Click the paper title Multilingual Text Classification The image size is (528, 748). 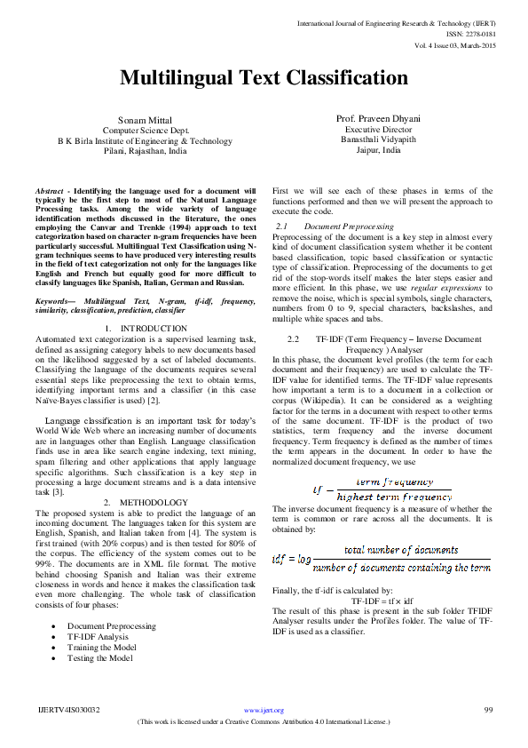click(264, 78)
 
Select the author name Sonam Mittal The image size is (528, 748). click(145, 120)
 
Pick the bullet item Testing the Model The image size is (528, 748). click(100, 657)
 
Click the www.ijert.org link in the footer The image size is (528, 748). click(264, 710)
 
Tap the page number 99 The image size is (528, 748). click(488, 710)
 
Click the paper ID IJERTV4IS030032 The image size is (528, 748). click(68, 710)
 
